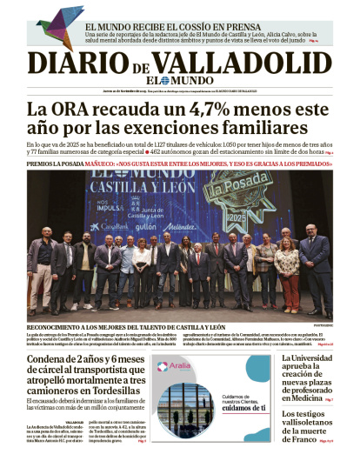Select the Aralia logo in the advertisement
(177, 365)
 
